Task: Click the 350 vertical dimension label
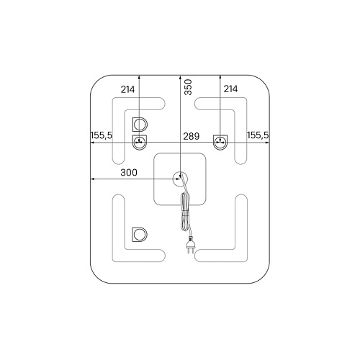pyautogui.click(x=189, y=87)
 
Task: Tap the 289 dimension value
pyautogui.click(x=192, y=136)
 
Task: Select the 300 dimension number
pyautogui.click(x=129, y=172)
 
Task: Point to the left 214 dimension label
pyautogui.click(x=127, y=89)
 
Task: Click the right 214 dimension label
pyautogui.click(x=230, y=89)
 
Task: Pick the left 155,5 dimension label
pyautogui.click(x=102, y=135)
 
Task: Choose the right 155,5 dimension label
pyautogui.click(x=258, y=135)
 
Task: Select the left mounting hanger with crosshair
pyautogui.click(x=140, y=143)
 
